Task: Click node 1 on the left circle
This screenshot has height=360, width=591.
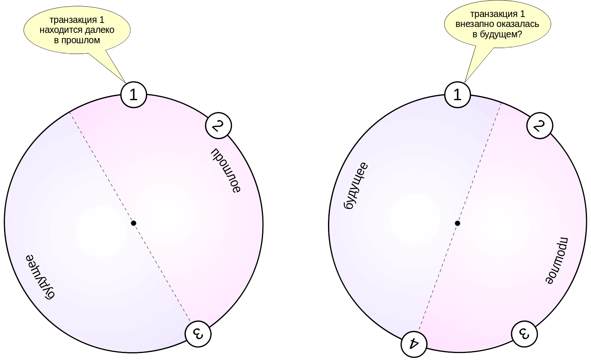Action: click(134, 95)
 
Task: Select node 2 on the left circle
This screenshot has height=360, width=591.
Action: click(218, 126)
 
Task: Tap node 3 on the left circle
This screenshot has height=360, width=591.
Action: click(198, 334)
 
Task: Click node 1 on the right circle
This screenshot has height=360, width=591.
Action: click(457, 95)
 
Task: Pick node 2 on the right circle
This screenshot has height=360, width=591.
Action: click(539, 126)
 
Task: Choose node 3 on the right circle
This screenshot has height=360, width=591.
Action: click(524, 334)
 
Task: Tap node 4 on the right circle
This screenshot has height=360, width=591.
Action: click(414, 344)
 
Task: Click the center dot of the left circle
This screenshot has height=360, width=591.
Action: click(134, 223)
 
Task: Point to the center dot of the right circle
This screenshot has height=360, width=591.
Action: click(457, 223)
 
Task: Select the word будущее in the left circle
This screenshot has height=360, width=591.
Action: click(40, 276)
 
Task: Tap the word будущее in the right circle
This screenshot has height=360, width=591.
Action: click(356, 186)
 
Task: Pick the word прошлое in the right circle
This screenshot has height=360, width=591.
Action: click(557, 260)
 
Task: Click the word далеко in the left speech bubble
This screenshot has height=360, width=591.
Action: click(100, 30)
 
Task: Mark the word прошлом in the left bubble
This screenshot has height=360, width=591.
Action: click(81, 40)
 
